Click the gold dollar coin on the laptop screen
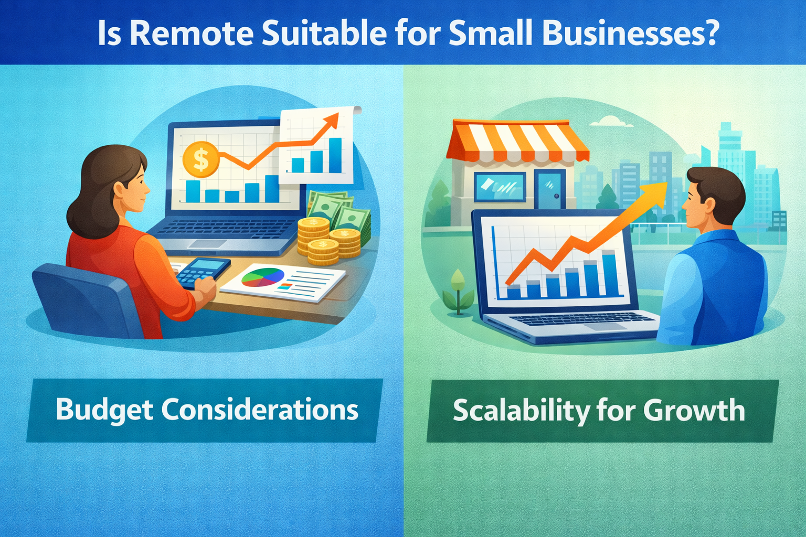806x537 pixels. (x=201, y=159)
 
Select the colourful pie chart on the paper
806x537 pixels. (x=263, y=277)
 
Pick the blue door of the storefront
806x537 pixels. (x=550, y=189)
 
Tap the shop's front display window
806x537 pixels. (x=500, y=187)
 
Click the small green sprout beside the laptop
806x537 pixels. (x=458, y=292)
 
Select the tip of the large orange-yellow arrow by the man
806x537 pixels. (x=667, y=182)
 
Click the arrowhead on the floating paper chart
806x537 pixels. (x=332, y=121)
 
